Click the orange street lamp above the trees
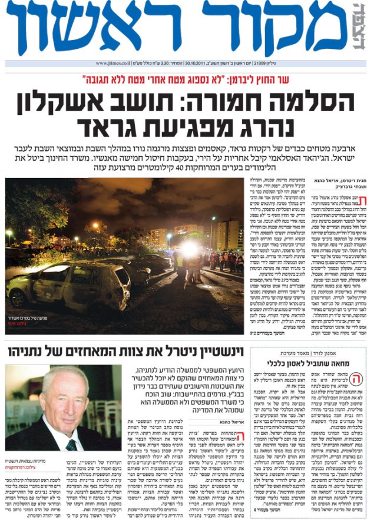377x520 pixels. (x=96, y=226)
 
